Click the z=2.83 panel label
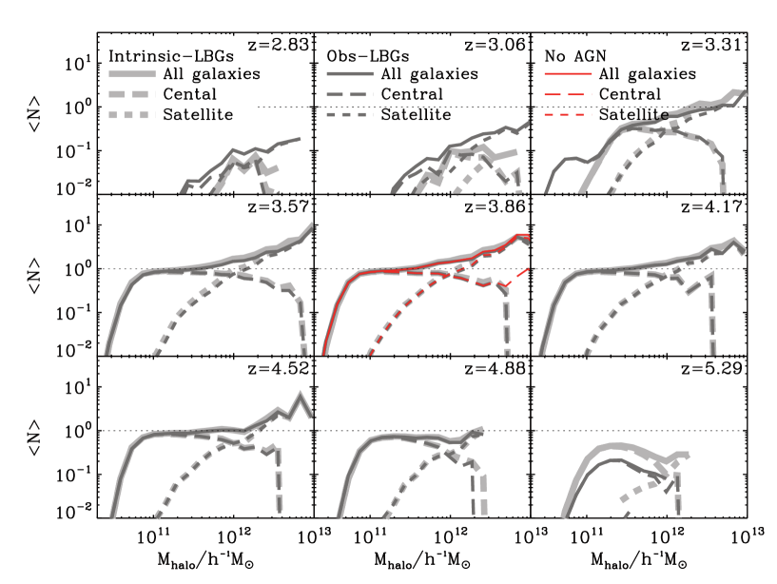click(x=278, y=45)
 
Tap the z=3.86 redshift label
click(x=495, y=205)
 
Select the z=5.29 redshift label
click(x=711, y=368)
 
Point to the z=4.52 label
click(x=278, y=368)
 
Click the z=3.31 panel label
click(x=711, y=45)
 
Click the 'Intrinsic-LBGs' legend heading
click(x=171, y=56)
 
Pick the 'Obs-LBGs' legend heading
click(x=368, y=56)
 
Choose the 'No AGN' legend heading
click(x=575, y=56)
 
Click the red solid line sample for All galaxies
click(x=568, y=74)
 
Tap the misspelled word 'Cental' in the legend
click(x=190, y=94)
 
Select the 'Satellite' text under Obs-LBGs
click(x=416, y=114)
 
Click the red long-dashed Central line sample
click(x=568, y=94)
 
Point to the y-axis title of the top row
click(x=34, y=114)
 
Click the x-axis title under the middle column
click(x=422, y=560)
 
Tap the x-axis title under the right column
click(x=639, y=560)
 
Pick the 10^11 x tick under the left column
click(x=153, y=536)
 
